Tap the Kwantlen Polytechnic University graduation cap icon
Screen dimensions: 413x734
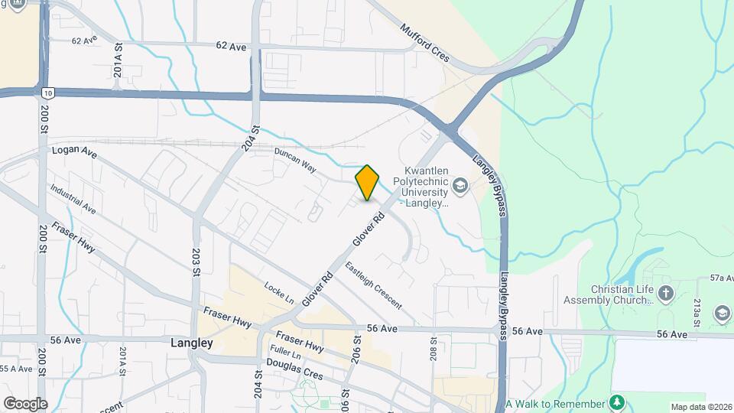click(x=460, y=184)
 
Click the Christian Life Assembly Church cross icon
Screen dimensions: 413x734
click(x=666, y=294)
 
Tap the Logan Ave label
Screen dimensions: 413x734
click(x=74, y=152)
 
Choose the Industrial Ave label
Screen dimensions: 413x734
click(x=73, y=198)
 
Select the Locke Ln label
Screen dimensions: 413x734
click(x=279, y=293)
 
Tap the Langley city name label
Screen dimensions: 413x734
click(x=191, y=343)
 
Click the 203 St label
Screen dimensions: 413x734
click(x=196, y=262)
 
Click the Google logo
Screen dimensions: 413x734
click(x=24, y=403)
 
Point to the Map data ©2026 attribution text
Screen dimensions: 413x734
click(x=700, y=406)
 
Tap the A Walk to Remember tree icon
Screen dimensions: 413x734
click(x=617, y=402)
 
